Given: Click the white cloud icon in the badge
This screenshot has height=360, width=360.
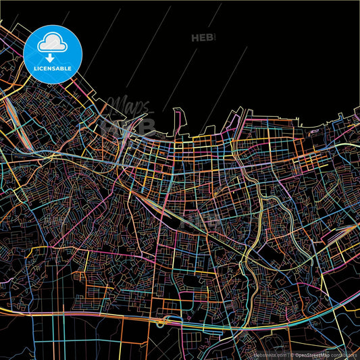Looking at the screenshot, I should pos(53,42).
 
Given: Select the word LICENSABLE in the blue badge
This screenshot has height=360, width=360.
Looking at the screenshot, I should pos(53,68).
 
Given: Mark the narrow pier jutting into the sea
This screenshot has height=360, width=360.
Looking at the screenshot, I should pos(176,122).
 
